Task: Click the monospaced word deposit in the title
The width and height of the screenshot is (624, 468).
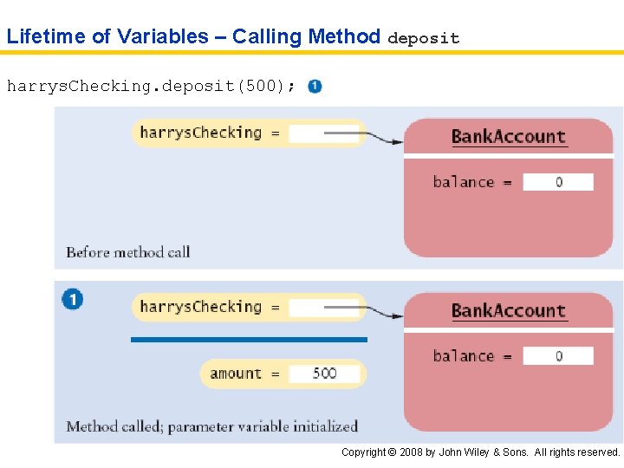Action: coord(423,38)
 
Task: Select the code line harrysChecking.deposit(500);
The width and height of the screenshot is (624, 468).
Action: coord(150,86)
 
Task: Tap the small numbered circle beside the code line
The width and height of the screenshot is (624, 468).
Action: coord(315,87)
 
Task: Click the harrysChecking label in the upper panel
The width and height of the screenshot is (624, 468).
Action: coord(200,133)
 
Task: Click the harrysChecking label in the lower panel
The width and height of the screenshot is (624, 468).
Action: coord(200,307)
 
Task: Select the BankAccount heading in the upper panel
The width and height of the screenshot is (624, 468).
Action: coord(508,136)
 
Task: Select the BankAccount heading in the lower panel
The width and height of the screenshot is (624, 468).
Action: coord(508,310)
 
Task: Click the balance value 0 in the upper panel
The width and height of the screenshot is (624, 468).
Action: coord(559,182)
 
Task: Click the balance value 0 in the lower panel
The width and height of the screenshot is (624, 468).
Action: coord(559,356)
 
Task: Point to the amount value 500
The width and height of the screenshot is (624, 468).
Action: coord(324,374)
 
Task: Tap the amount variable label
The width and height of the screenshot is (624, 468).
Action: coord(235,374)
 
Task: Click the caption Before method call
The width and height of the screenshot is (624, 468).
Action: coord(128,252)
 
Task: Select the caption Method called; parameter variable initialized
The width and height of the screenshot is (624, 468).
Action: coord(211,426)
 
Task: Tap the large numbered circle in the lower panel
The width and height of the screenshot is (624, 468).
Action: coord(73,300)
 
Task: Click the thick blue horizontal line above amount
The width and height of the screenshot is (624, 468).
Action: coord(249,340)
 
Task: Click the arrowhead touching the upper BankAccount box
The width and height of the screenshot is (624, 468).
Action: coord(396,141)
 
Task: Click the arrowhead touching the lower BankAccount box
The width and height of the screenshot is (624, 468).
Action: coord(396,315)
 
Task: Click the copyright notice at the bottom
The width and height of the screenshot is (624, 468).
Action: coord(480,452)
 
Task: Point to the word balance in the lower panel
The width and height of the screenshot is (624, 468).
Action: coord(463,356)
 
